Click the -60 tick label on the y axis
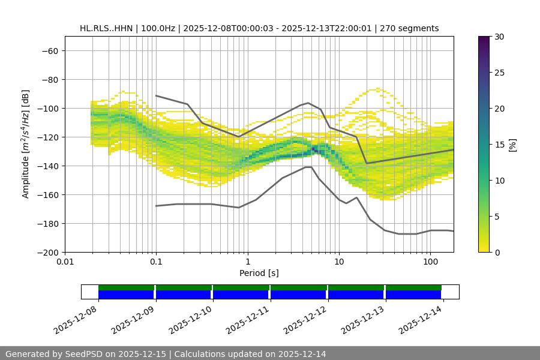pos(49,50)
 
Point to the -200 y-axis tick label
pos(47,252)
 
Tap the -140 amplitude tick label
pos(47,166)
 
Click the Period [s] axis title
pos(259,274)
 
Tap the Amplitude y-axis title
pos(26,144)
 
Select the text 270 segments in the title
pos(413,28)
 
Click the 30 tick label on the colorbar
pos(498,37)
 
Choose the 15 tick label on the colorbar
pos(498,145)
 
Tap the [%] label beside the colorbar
pos(512,144)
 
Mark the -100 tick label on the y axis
pos(47,108)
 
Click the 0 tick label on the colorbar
pos(496,253)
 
